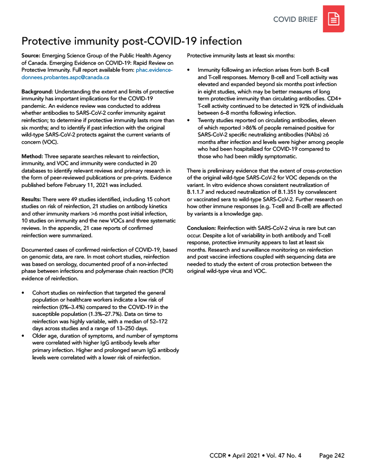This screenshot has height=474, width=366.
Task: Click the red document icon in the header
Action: pos(334,19)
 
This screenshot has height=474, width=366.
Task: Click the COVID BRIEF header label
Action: pos(295,20)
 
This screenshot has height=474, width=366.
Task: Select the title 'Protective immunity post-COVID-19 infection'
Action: pos(132,41)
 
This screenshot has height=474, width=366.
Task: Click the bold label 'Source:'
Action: pos(32,56)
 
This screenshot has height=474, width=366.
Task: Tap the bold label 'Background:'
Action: pos(39,92)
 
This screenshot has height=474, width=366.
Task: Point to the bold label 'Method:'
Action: pos(33,156)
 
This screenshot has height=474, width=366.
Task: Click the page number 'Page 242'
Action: pos(332,456)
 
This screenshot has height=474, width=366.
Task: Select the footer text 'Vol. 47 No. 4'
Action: pos(286,456)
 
